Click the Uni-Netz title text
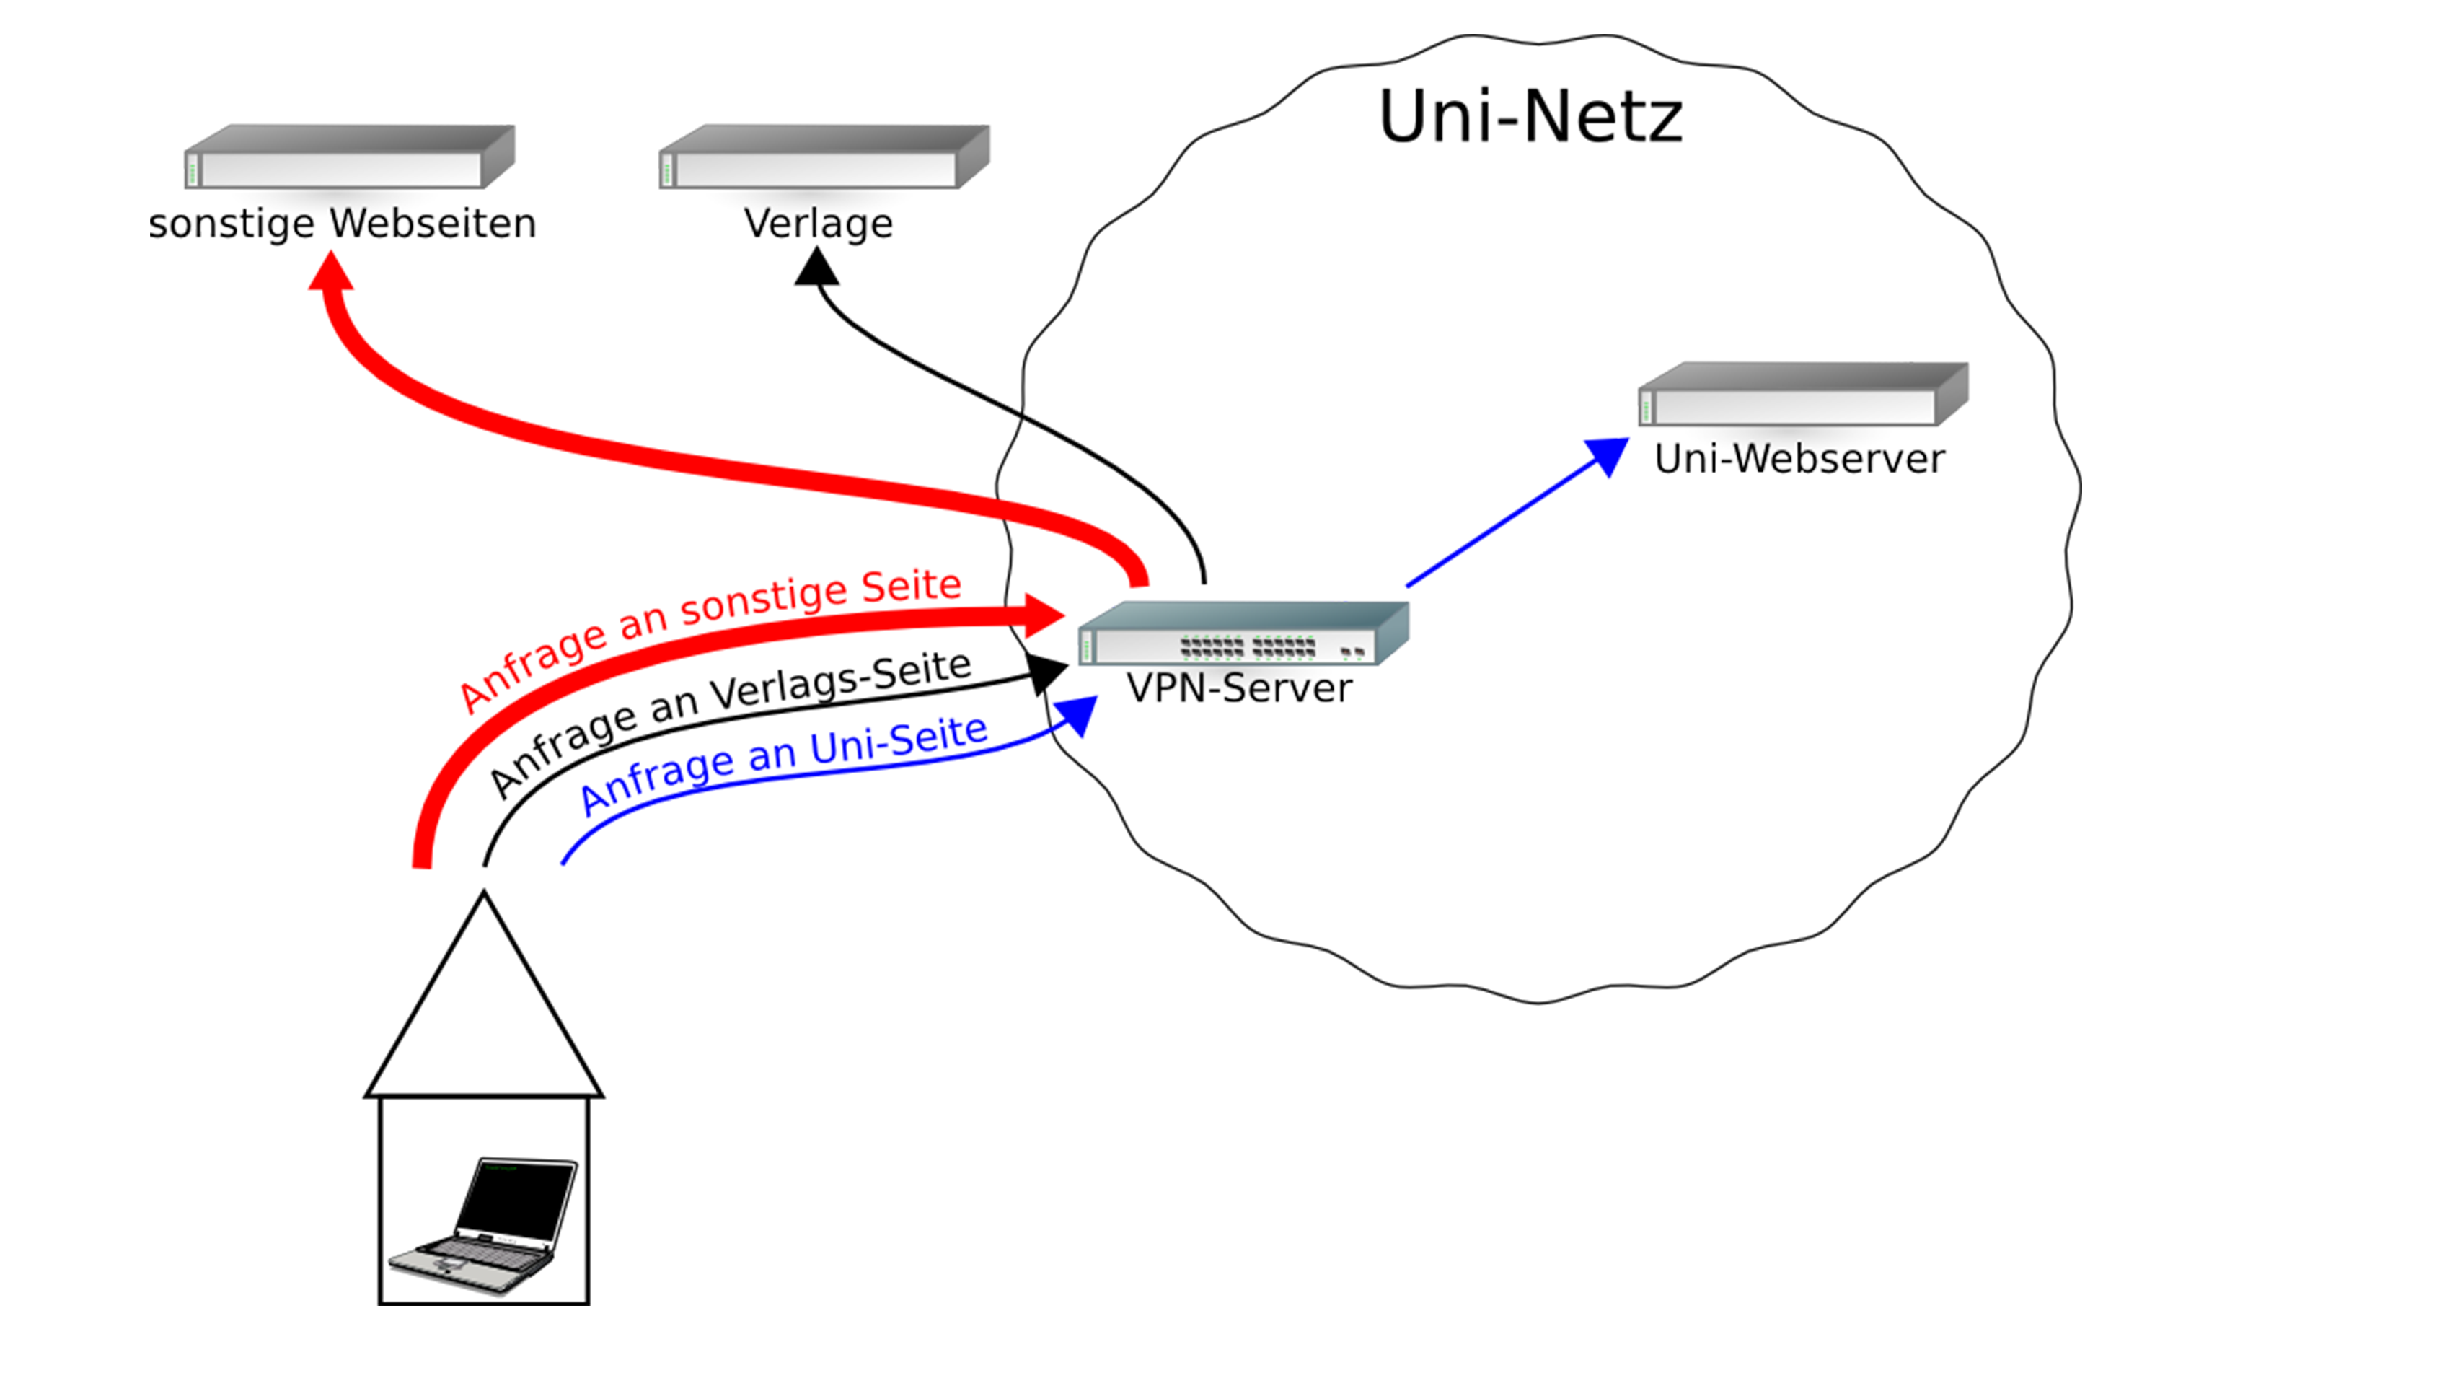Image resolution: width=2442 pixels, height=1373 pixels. [x=1530, y=117]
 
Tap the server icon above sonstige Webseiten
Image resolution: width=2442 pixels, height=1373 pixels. [x=349, y=157]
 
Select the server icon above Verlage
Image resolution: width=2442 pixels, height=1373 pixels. [x=824, y=157]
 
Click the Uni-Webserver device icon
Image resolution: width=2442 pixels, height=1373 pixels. [x=1802, y=395]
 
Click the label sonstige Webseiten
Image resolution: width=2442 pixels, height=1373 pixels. [x=343, y=224]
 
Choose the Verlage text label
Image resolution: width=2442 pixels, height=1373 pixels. [x=818, y=224]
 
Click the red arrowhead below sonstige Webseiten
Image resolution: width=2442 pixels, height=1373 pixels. [x=332, y=272]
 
